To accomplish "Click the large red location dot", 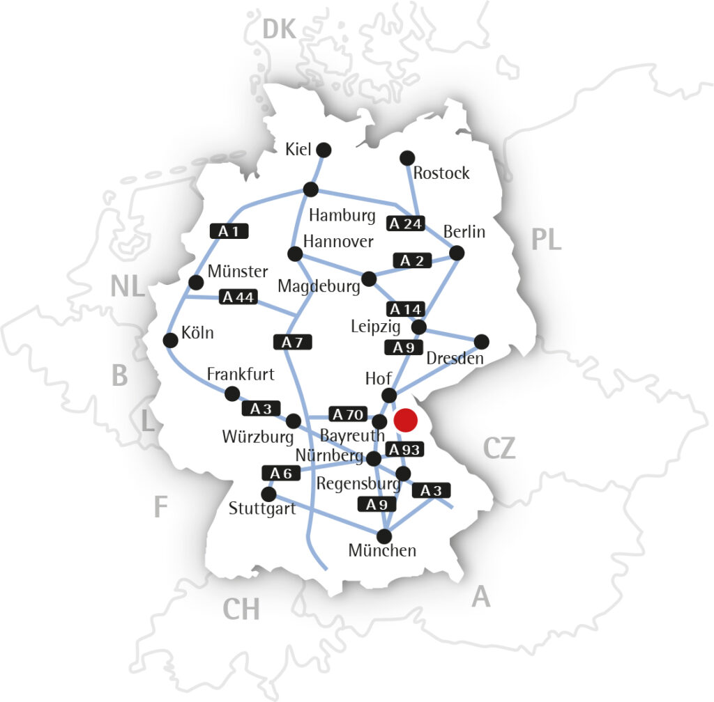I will click(x=405, y=420).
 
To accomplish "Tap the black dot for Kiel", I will click(x=324, y=150).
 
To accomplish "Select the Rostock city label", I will click(x=441, y=173).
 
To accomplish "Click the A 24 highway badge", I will click(x=406, y=224).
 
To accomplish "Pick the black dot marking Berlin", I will click(x=457, y=253).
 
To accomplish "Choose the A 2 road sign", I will click(x=412, y=260).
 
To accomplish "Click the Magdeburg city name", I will click(x=317, y=286).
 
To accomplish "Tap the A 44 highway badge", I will click(x=238, y=297).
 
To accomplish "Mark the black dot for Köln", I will click(x=170, y=340).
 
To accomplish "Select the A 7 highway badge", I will click(x=293, y=342).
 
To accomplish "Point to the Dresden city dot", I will click(x=481, y=341).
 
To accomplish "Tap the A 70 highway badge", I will click(x=347, y=414).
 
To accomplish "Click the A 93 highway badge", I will click(x=404, y=449).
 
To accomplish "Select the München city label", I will click(x=382, y=550).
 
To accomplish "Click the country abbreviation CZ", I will click(x=499, y=449).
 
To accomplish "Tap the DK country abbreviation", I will click(x=280, y=29).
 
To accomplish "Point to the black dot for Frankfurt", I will click(x=232, y=393).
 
